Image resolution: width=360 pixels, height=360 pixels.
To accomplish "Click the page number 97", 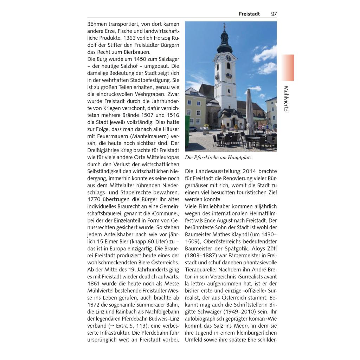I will tap(274, 14).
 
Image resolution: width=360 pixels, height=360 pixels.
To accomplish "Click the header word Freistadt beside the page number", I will tap(249, 14).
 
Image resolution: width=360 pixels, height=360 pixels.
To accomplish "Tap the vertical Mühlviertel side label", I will tap(286, 99).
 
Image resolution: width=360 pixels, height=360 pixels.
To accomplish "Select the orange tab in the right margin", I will tap(288, 67).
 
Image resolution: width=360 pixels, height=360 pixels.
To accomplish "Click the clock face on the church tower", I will tap(228, 58).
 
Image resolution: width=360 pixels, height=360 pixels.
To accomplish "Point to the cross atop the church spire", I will tap(224, 26).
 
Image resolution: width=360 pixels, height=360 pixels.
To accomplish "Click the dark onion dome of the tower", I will tap(225, 44).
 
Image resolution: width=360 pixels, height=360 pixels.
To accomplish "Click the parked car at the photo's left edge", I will tap(192, 129).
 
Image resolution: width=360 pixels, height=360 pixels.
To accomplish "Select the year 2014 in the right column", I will tap(249, 172).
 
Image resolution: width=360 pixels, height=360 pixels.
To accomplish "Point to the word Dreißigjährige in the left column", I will tap(104, 150).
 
